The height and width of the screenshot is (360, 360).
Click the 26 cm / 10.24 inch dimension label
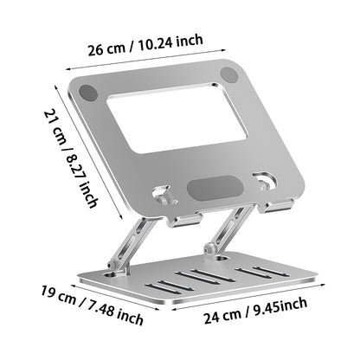[145, 45]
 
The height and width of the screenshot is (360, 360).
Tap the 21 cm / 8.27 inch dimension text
[71, 158]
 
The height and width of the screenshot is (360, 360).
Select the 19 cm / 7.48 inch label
[92, 305]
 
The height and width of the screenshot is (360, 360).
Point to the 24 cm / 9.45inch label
[255, 311]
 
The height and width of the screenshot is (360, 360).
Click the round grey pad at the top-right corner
[229, 74]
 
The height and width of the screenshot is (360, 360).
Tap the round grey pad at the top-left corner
[88, 93]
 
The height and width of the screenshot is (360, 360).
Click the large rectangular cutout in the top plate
[177, 118]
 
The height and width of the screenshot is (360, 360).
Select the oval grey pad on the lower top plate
[215, 187]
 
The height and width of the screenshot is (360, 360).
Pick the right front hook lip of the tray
[279, 206]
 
